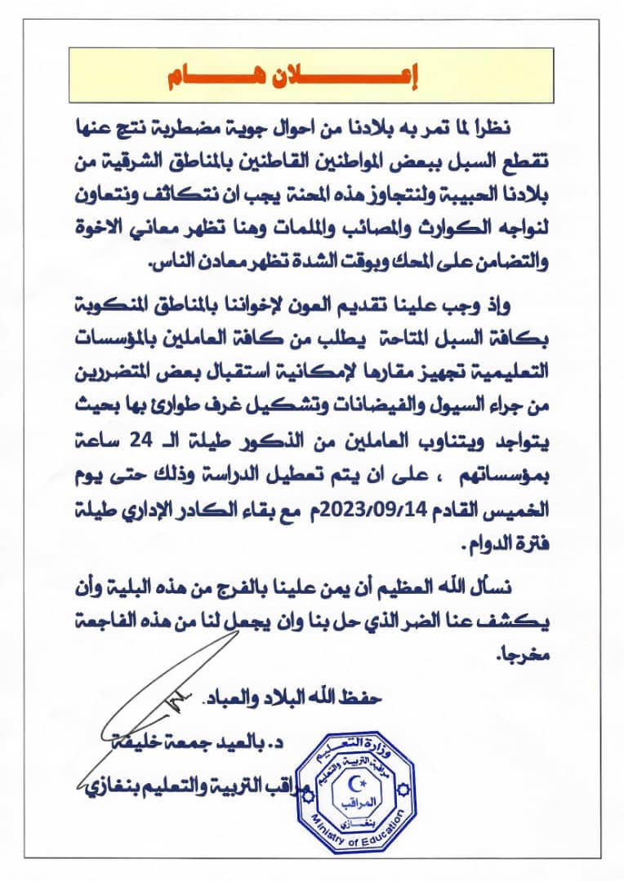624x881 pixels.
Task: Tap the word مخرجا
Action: [x=532, y=655]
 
